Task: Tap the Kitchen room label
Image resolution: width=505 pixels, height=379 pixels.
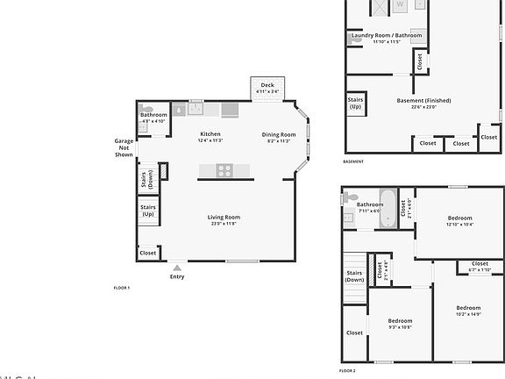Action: pyautogui.click(x=210, y=135)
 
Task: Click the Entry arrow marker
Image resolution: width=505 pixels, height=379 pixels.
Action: pyautogui.click(x=177, y=268)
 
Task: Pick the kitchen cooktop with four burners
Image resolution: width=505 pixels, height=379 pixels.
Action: pyautogui.click(x=224, y=170)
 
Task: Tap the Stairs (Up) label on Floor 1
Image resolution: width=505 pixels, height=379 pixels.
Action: pyautogui.click(x=147, y=211)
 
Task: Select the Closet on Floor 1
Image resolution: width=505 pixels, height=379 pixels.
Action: pyautogui.click(x=147, y=253)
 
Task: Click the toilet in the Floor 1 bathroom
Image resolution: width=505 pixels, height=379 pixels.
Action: pyautogui.click(x=143, y=125)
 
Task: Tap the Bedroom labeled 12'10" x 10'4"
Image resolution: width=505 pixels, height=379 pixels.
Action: pyautogui.click(x=460, y=220)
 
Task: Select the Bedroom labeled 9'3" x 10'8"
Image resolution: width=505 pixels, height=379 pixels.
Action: pyautogui.click(x=399, y=324)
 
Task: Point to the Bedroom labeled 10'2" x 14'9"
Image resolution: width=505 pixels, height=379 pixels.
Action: pyautogui.click(x=467, y=311)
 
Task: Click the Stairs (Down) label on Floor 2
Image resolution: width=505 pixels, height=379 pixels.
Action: pyautogui.click(x=354, y=276)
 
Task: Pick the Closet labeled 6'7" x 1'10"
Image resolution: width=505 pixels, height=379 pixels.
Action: pyautogui.click(x=480, y=266)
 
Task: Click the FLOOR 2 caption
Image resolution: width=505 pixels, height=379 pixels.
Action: pyautogui.click(x=348, y=371)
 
